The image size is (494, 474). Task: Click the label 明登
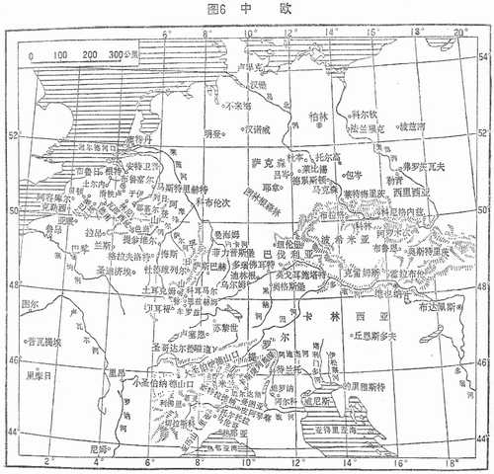tap(215, 132)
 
